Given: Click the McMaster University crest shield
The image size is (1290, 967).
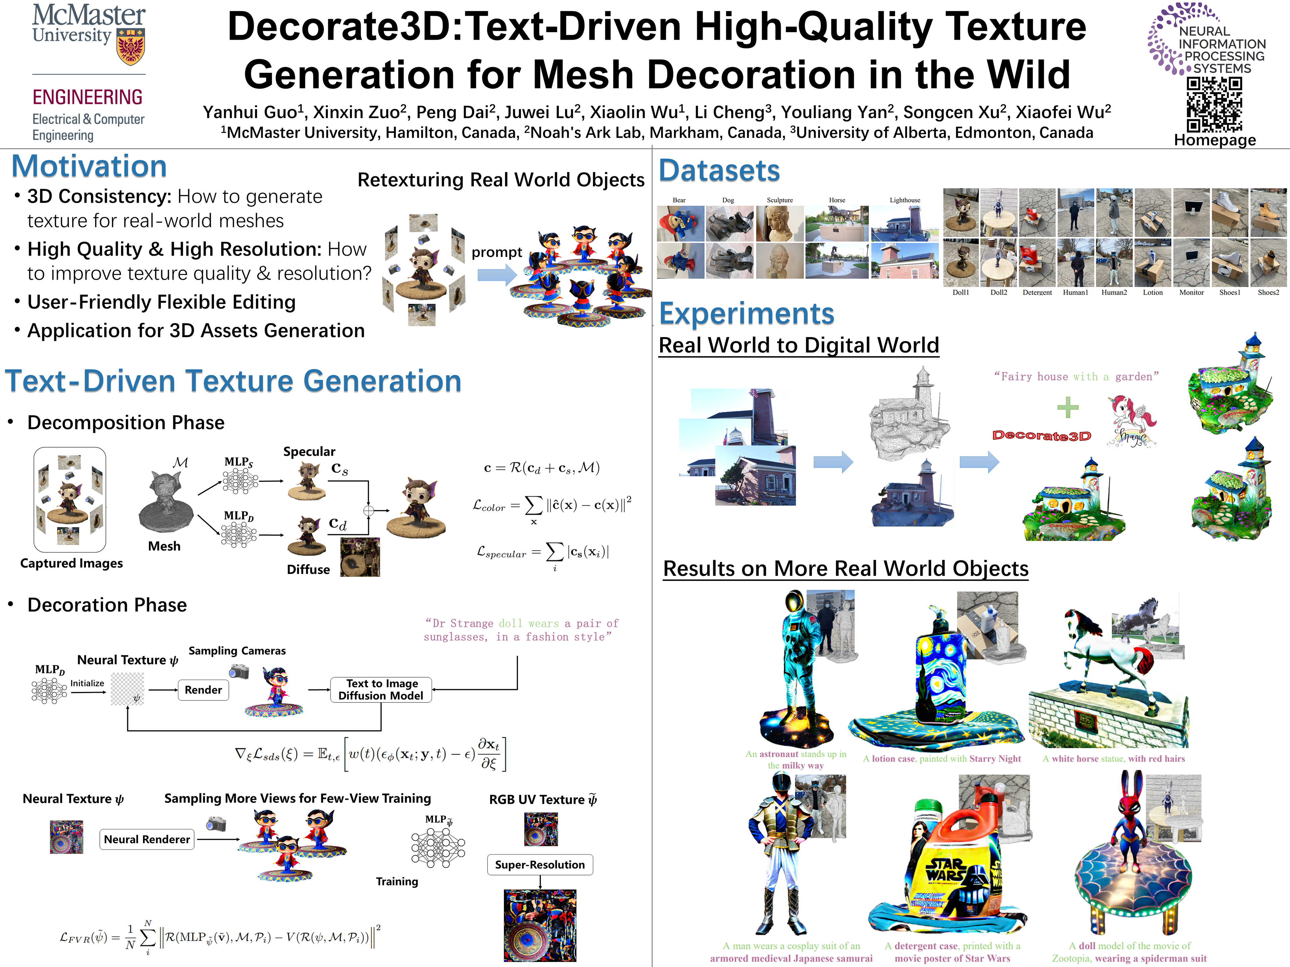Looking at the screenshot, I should coord(131,47).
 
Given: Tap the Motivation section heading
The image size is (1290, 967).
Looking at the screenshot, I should coord(89,166).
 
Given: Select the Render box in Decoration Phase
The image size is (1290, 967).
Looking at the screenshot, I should coord(203,690).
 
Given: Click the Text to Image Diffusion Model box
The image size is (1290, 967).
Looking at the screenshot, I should coord(381,690).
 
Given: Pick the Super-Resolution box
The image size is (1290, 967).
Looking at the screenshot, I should coord(540,864).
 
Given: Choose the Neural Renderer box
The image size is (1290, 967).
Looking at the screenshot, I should coord(146,839).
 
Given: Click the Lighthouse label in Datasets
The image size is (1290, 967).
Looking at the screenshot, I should coord(905,200).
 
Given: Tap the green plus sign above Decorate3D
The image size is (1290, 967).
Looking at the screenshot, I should coord(1068,407).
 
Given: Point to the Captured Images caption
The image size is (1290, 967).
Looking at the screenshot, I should coord(71,563).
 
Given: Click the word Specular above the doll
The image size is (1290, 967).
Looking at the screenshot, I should coord(309,452).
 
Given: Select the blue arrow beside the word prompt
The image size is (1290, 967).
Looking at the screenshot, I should coord(496,275).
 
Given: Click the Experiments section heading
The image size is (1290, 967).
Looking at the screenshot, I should coord(746,314).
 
